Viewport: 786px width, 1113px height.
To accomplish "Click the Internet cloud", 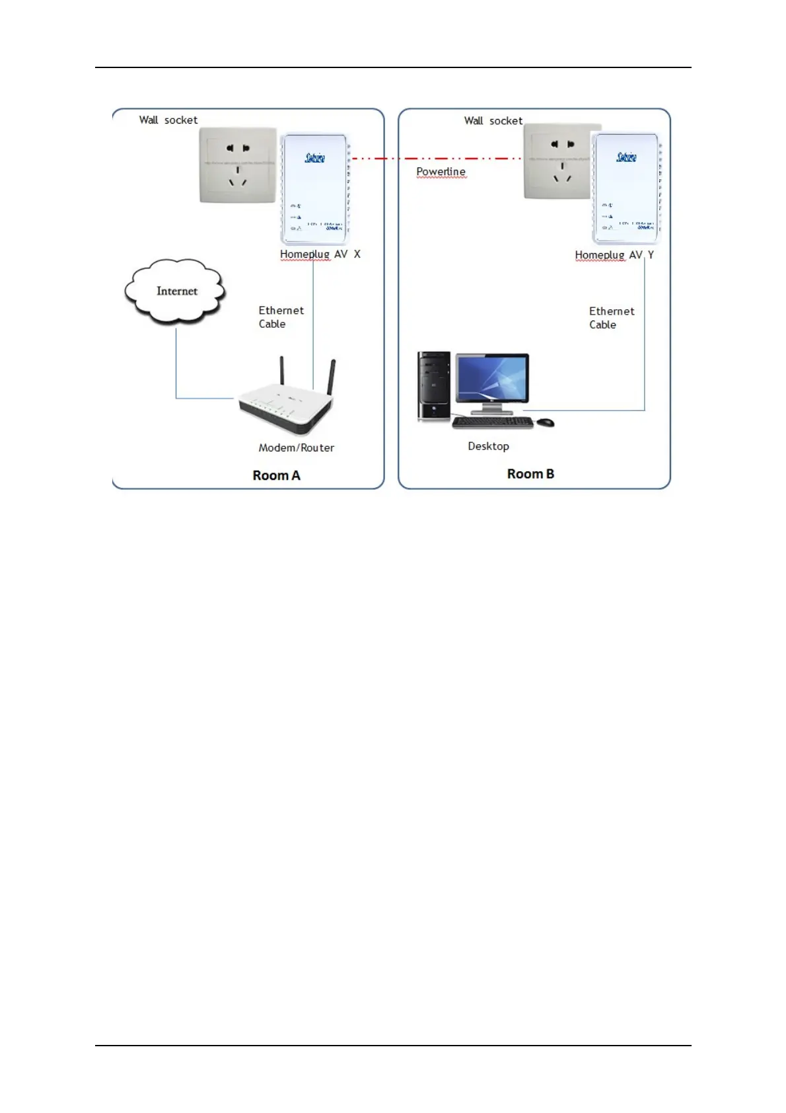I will click(176, 291).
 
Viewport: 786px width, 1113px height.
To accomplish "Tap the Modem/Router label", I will click(296, 447).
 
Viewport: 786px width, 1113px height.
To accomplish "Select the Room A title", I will click(276, 475).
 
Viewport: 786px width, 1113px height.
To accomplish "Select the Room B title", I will click(530, 474).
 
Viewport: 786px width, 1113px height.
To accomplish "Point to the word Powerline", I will click(441, 172).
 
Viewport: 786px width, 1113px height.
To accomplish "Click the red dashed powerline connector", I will click(436, 159).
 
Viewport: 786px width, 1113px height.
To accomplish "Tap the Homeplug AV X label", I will click(320, 254).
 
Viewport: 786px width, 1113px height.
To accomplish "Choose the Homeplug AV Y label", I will click(614, 255).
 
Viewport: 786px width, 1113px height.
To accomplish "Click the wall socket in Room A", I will click(238, 165).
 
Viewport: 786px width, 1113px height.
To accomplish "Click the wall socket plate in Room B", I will click(558, 162).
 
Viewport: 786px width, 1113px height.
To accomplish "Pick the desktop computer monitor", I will click(492, 379).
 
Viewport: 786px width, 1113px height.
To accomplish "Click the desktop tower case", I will click(434, 386).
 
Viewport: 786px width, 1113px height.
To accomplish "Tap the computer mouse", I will click(545, 422).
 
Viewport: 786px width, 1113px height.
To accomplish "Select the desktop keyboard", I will click(493, 422).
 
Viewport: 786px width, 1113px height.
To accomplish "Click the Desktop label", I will click(488, 446).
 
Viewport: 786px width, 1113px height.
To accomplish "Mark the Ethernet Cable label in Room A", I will click(281, 317).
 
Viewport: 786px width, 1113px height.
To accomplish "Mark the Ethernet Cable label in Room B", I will click(611, 318).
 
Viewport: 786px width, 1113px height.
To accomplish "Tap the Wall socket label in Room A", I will click(168, 120).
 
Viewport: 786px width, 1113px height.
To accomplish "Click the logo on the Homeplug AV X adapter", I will click(315, 157).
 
